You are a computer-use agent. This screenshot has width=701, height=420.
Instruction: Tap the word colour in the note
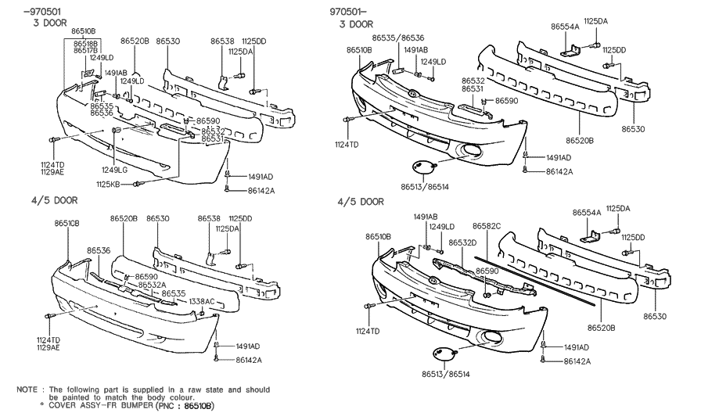pos(256,397)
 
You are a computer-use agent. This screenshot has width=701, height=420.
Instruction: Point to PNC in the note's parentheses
pos(164,407)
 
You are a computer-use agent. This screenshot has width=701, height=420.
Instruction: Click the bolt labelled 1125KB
pos(138,184)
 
